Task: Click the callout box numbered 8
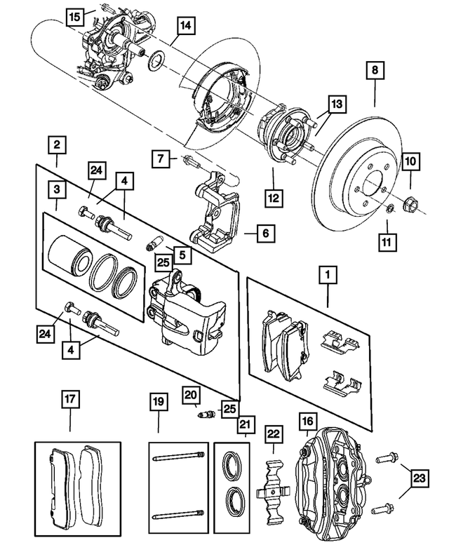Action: point(375,71)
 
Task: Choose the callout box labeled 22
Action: point(272,435)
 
